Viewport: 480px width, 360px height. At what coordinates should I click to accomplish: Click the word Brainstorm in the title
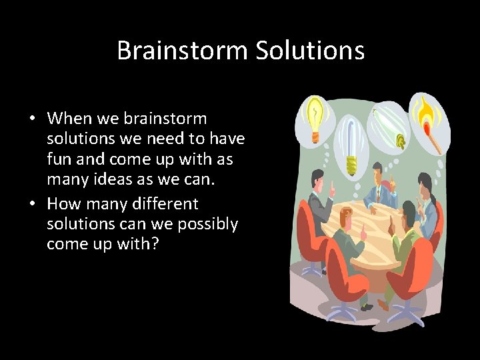(x=179, y=51)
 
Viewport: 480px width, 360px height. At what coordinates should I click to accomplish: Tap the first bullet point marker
(x=32, y=120)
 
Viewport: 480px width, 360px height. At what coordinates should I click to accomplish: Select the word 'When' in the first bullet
(x=70, y=119)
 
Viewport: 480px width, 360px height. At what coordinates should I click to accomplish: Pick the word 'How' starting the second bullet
(x=63, y=203)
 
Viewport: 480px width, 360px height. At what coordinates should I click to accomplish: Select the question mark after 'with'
(x=155, y=245)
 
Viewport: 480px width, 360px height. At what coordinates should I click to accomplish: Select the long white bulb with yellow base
(x=350, y=143)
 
